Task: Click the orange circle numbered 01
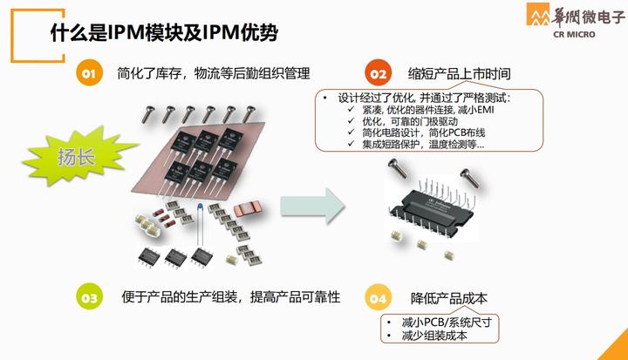tap(88, 75)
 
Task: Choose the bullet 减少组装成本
tap(434, 336)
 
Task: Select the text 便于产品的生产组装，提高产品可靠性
tap(230, 297)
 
